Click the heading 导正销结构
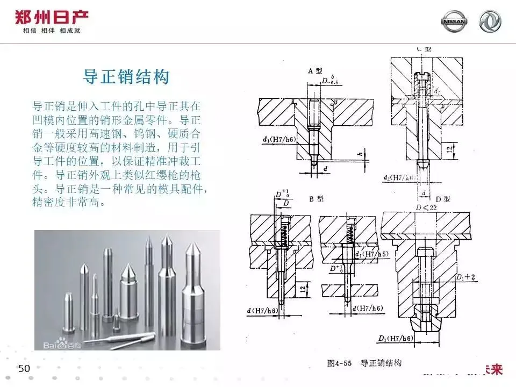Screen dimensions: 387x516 126,76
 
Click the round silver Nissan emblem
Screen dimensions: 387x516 454,22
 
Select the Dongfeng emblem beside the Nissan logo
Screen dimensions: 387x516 490,22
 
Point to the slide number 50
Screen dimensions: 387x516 24,368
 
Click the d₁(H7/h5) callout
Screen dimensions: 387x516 371,254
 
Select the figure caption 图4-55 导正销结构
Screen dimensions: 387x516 364,363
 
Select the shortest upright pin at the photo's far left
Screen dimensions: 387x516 68,312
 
